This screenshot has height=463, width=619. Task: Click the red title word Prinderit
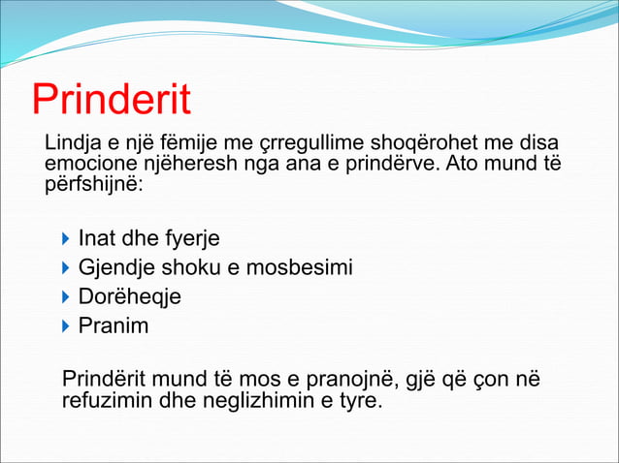(111, 102)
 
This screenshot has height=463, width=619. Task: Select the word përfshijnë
(93, 182)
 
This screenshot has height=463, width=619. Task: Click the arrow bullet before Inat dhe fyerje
(64, 238)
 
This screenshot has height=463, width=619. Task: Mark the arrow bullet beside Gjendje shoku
(64, 267)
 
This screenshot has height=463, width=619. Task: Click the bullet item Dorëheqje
(129, 296)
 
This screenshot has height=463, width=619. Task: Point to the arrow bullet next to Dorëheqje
(64, 296)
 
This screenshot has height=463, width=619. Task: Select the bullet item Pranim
(113, 325)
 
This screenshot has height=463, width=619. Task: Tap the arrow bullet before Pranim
(64, 325)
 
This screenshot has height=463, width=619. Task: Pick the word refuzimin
(104, 398)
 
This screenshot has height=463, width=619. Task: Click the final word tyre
(359, 398)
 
